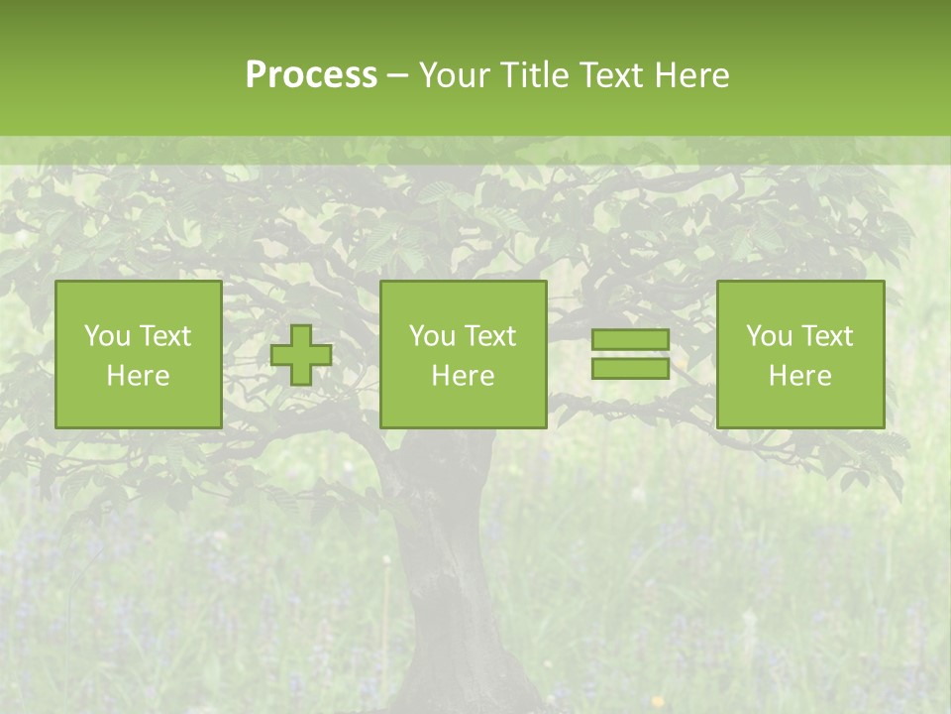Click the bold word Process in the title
(311, 75)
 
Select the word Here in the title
(690, 75)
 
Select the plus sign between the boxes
(301, 355)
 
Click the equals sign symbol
(630, 355)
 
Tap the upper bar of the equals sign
(630, 340)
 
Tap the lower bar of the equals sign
(630, 369)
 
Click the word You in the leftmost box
(105, 336)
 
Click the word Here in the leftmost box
(138, 376)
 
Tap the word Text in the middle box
(491, 336)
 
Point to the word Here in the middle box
(463, 376)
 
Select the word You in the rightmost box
(768, 336)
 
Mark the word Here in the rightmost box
(799, 376)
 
